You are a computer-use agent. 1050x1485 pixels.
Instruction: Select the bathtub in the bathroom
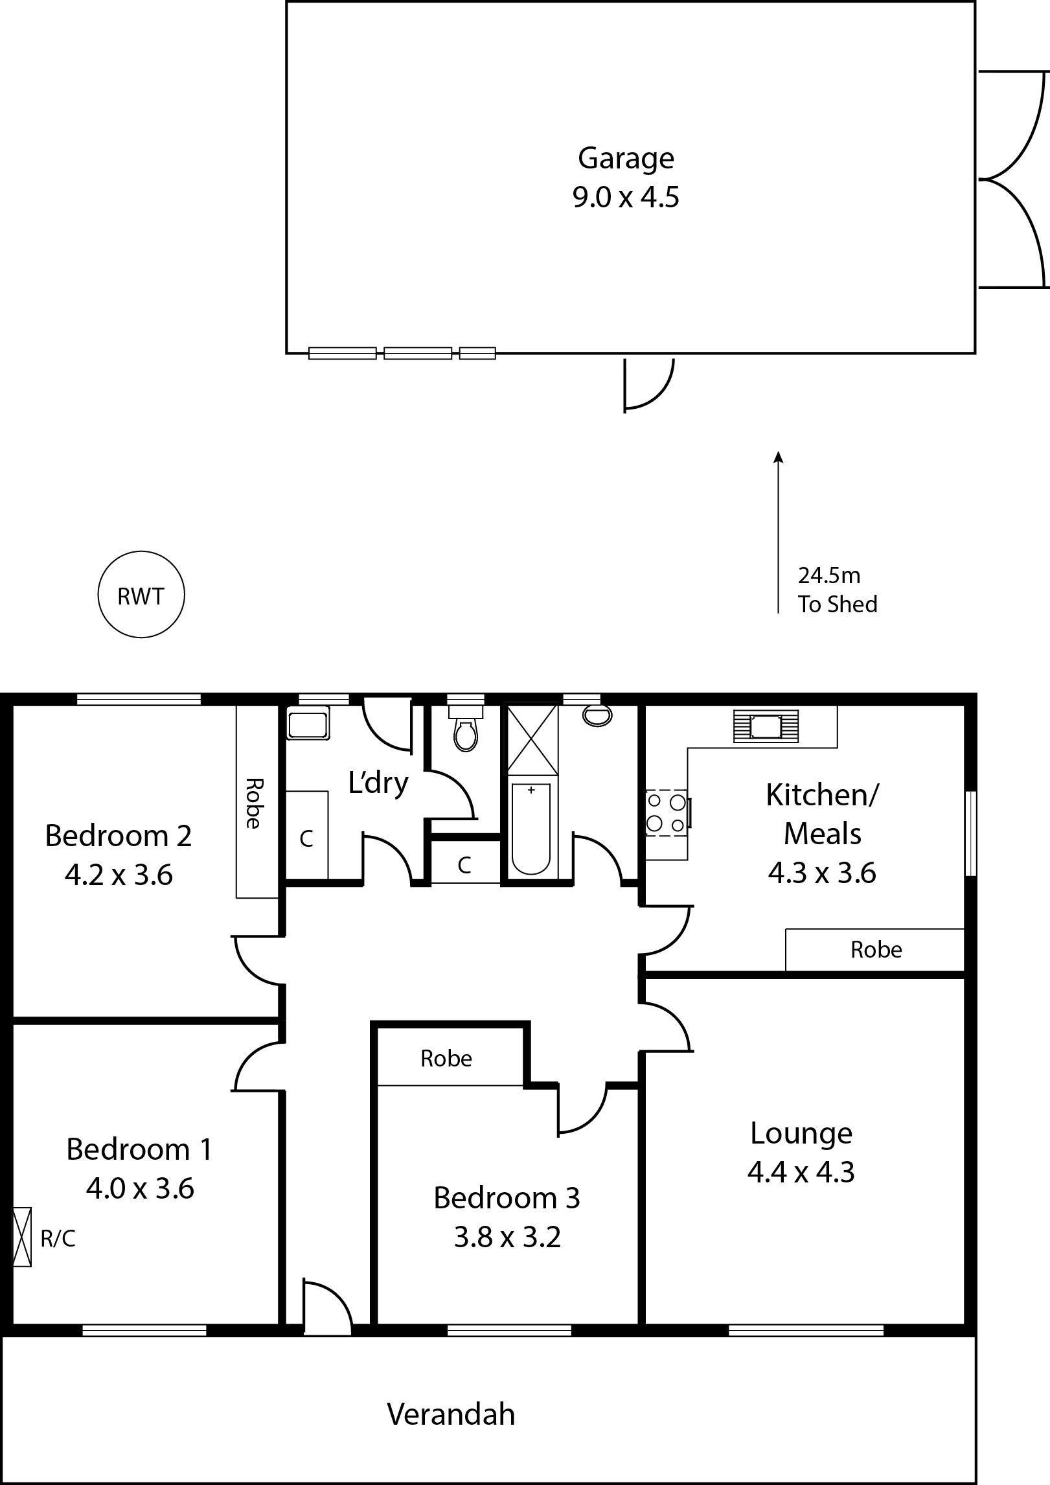531,829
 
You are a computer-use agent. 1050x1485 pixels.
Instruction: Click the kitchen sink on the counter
766,726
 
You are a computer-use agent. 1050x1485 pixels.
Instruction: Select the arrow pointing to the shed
779,532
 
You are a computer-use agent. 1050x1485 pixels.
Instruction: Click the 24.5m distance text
828,575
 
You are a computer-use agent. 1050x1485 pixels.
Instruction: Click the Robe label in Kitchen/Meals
876,949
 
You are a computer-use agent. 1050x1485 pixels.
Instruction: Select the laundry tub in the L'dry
308,722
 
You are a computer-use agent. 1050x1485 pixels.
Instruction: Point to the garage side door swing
649,385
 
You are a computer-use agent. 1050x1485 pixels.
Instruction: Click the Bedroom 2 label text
119,835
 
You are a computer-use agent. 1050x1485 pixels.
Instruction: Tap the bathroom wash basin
597,715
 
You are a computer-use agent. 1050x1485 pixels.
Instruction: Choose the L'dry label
378,783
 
